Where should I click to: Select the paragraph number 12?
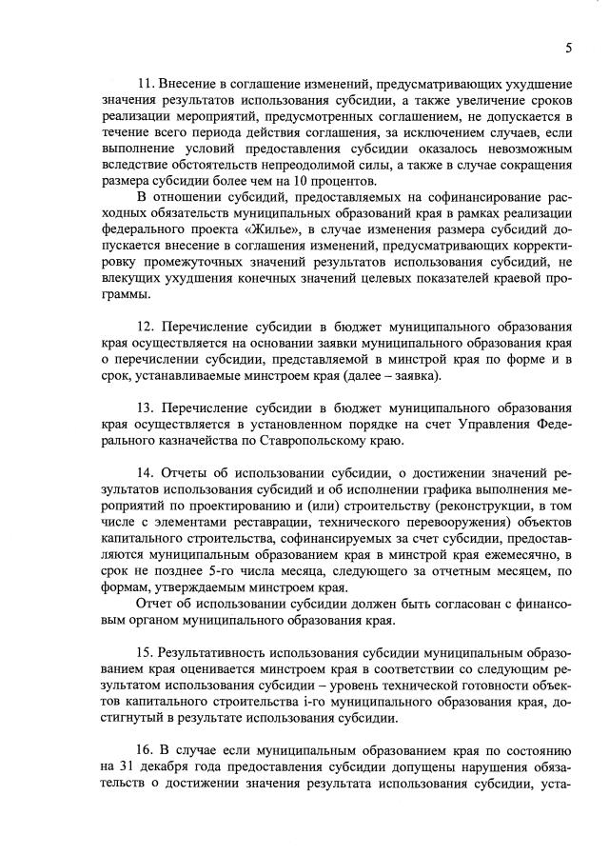(x=146, y=327)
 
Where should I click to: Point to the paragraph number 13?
(x=146, y=403)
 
